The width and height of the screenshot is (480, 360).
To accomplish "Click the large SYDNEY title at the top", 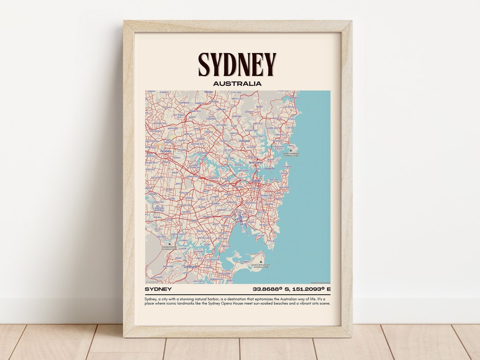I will click(x=237, y=64).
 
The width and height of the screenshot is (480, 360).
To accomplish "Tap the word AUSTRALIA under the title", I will click(x=237, y=83).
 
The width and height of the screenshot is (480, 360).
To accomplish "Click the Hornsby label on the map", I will click(x=208, y=92).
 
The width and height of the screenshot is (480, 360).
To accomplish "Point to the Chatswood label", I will click(x=244, y=141).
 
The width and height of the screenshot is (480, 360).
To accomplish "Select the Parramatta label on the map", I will click(x=165, y=151).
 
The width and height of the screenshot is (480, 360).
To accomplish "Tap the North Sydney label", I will click(x=256, y=163).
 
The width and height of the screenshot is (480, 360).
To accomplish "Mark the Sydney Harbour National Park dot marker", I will click(x=291, y=151).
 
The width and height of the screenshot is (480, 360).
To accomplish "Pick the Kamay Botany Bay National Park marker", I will click(x=261, y=262).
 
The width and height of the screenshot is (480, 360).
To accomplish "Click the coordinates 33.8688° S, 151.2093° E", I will click(x=292, y=289).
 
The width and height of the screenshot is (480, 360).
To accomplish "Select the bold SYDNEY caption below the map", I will click(x=158, y=289).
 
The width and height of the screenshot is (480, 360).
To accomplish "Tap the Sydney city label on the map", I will click(x=256, y=181).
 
